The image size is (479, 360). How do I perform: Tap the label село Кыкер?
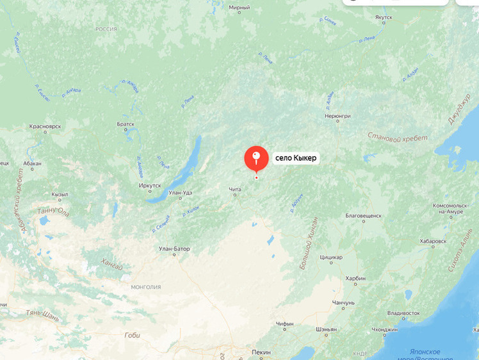296,158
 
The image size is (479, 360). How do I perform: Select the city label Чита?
235,189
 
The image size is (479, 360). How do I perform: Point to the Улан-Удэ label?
180,193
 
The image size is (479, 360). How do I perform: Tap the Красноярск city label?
45,127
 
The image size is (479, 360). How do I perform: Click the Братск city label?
126,124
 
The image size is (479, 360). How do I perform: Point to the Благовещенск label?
363,216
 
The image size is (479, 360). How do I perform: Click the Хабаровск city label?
434,241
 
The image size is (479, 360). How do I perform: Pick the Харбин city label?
355,279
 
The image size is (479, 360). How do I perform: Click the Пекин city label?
261,352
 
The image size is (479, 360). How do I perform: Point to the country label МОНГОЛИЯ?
145,286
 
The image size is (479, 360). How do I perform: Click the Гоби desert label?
132,335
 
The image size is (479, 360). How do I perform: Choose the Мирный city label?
239,8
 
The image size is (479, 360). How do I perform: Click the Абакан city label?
31,163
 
